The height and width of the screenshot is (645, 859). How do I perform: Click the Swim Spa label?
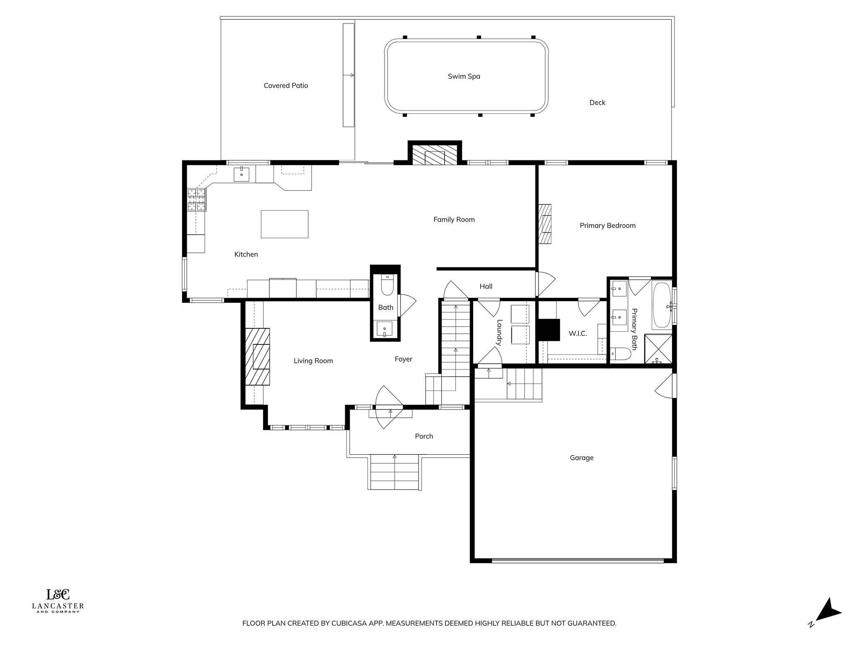click(x=464, y=76)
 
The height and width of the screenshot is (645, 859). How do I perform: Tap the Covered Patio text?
click(x=286, y=86)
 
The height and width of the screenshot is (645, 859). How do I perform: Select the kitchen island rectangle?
click(x=284, y=224)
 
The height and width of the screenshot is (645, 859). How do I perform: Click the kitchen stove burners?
click(x=197, y=199)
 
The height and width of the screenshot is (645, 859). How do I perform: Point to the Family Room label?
click(x=454, y=220)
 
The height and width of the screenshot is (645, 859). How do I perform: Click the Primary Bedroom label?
click(x=607, y=226)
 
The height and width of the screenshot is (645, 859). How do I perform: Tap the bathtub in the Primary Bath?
click(x=662, y=305)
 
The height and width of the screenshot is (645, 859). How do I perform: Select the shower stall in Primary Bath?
click(x=658, y=349)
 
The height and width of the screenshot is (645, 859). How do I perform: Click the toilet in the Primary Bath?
click(x=620, y=354)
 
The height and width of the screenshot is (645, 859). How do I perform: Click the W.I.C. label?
click(x=578, y=334)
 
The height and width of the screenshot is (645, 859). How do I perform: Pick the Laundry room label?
click(x=499, y=333)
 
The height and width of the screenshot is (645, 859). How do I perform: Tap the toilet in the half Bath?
click(x=387, y=285)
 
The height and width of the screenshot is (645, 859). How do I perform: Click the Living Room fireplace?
click(x=258, y=357)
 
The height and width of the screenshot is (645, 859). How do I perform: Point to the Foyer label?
click(x=403, y=359)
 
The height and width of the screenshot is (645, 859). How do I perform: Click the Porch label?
click(x=424, y=436)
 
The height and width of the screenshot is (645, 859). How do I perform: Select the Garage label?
click(x=581, y=458)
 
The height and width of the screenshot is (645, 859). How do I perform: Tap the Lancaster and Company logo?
click(x=58, y=600)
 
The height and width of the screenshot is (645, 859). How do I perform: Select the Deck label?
click(x=597, y=102)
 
